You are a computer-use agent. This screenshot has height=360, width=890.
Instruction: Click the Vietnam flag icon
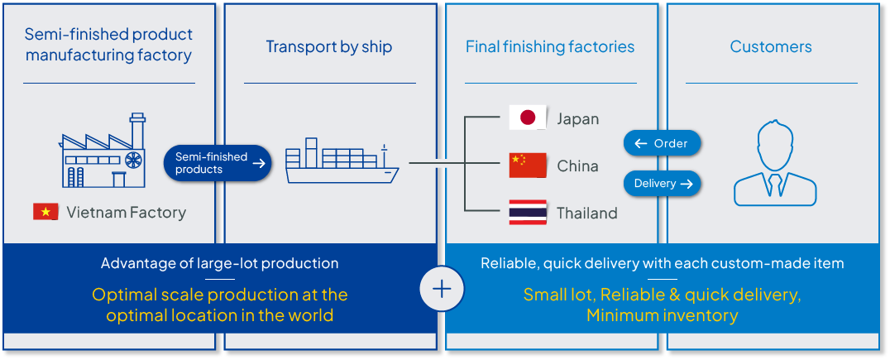point(45,212)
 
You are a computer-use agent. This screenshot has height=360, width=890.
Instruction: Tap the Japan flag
point(527,118)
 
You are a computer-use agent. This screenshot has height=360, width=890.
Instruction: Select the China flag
point(527,166)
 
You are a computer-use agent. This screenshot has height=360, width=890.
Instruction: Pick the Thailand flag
point(527,213)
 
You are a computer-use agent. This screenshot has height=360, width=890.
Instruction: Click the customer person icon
point(774,164)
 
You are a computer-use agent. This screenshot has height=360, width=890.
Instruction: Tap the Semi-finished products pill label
point(218,163)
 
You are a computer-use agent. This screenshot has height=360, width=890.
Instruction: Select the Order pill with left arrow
point(662,143)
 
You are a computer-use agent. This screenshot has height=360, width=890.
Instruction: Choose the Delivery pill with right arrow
point(663,184)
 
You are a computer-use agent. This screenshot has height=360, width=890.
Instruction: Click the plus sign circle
point(442,288)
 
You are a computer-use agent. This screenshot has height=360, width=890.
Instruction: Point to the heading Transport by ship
point(329,46)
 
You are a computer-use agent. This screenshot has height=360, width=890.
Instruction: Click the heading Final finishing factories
point(550,46)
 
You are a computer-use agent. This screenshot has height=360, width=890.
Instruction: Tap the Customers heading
point(771,46)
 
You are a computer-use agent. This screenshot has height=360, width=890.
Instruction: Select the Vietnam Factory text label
point(126,213)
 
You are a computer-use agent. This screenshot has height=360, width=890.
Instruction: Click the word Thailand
point(587,213)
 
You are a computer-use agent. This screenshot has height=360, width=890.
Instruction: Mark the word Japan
point(577,118)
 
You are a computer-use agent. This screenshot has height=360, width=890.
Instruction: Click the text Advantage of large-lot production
point(219,263)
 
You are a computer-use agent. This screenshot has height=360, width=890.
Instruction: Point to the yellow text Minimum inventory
point(662,315)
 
